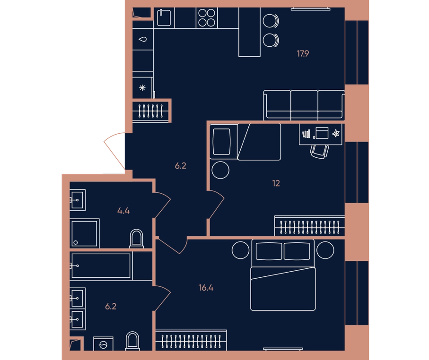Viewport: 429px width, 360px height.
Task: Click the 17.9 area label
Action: coord(303,53)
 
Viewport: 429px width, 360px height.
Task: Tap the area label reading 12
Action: coord(276,183)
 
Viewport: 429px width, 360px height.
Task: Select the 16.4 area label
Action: coord(206,288)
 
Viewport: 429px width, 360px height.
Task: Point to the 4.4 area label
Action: coord(123,211)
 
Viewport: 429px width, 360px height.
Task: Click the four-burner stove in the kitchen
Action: coord(207,18)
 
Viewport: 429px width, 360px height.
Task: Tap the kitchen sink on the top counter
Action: coord(164,18)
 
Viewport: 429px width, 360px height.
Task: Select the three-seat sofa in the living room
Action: coord(304,105)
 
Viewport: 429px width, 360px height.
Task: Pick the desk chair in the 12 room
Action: coord(320,152)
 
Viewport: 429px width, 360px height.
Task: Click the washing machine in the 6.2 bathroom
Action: coord(103,344)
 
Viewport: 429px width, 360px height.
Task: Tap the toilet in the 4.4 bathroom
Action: coord(137,239)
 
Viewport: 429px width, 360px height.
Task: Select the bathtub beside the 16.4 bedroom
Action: coord(101,266)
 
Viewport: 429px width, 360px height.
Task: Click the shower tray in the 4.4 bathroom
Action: coord(85,233)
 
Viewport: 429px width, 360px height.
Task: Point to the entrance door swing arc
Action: coord(114,150)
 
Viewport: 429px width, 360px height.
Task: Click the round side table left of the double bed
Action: coord(240,250)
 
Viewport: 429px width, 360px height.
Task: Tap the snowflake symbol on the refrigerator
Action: coord(142,88)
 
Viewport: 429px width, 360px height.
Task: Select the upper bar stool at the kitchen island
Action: coord(271,21)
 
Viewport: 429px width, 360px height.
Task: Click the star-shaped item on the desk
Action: coord(336,133)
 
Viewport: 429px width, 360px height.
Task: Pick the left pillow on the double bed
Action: coord(269,251)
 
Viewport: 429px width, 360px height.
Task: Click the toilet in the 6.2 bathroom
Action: coord(132,341)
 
